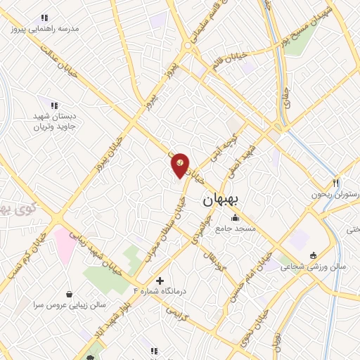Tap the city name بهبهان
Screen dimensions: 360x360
(x=221, y=200)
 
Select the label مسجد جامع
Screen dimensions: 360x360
(x=238, y=229)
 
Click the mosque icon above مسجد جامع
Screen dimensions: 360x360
(x=235, y=218)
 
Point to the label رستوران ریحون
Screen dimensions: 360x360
(x=336, y=193)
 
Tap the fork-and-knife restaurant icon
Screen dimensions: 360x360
(x=337, y=181)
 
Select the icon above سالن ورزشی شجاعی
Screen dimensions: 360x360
(x=312, y=255)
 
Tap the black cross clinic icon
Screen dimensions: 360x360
(x=160, y=281)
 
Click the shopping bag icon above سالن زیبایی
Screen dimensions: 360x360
(x=69, y=295)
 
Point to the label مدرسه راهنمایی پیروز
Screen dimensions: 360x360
(x=44, y=29)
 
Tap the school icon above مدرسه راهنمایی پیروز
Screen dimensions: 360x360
(x=44, y=18)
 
